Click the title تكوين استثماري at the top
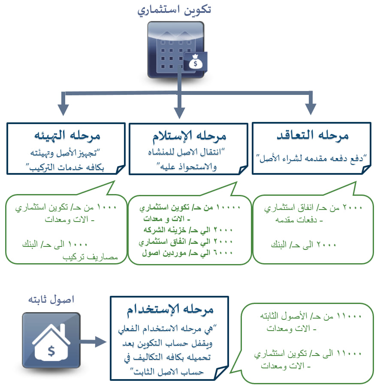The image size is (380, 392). [174, 10]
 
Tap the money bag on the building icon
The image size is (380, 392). [195, 62]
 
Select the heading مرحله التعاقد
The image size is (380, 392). [312, 135]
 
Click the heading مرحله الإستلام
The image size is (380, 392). [189, 136]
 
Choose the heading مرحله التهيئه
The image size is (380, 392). [67, 136]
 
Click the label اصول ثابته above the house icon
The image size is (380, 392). [51, 299]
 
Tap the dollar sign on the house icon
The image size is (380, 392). [51, 351]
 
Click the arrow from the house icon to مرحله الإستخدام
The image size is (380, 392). [93, 342]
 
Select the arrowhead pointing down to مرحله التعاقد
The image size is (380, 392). [311, 109]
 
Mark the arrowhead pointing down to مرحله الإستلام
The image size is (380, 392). [179, 113]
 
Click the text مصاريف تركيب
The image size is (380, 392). [90, 257]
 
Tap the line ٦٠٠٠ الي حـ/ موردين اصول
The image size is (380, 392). [187, 253]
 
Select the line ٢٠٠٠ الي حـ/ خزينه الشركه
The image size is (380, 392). [188, 230]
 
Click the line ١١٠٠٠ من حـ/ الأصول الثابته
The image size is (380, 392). [311, 316]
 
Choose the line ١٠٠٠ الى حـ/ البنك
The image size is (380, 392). [54, 244]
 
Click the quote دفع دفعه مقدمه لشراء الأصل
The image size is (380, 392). [311, 158]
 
